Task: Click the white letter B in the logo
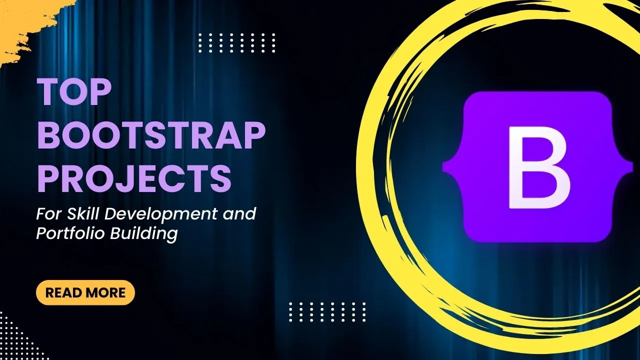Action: tap(539, 167)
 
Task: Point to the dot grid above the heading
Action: tap(237, 43)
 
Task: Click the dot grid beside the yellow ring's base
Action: tap(327, 312)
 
